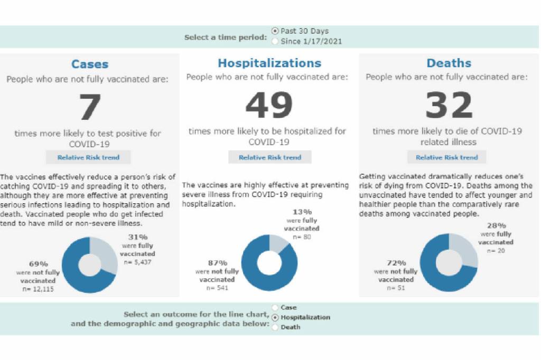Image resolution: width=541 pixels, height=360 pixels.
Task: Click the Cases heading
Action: (90, 64)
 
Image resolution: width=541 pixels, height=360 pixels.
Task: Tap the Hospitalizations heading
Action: (269, 63)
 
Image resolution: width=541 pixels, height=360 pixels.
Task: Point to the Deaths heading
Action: (449, 63)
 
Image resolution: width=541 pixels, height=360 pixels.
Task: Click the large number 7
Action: (89, 107)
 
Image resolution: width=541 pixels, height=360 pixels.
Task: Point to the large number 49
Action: (269, 106)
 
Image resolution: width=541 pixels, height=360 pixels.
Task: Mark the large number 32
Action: (449, 106)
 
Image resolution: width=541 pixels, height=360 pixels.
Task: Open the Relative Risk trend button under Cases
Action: (88, 157)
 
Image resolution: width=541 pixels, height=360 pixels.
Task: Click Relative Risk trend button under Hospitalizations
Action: (269, 157)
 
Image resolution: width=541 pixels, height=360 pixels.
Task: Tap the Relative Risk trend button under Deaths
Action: (446, 157)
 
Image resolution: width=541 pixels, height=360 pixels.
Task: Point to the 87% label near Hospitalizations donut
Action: (217, 263)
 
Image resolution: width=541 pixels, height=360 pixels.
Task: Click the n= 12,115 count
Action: (38, 289)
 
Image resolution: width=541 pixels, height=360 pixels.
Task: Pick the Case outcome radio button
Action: (275, 307)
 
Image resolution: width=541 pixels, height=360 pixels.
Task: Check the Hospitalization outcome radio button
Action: (275, 317)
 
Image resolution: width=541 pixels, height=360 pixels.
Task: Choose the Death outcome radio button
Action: (275, 327)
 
